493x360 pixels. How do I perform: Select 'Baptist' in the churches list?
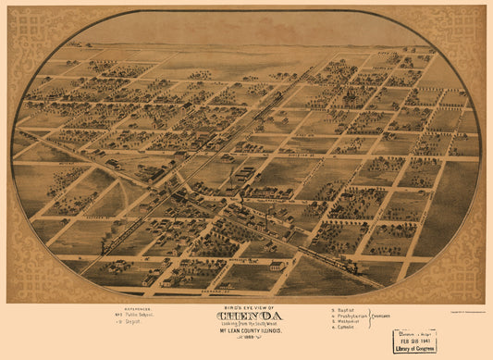[x=347, y=310]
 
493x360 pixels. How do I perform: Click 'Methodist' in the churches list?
[x=349, y=323]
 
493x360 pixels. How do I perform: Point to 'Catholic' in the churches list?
[x=348, y=329]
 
